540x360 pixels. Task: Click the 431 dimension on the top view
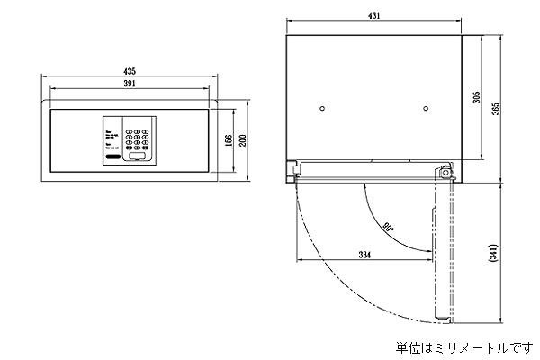click(372, 15)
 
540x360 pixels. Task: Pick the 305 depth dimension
click(477, 98)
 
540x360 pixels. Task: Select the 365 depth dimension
click(496, 110)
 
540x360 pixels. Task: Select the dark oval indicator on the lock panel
click(112, 158)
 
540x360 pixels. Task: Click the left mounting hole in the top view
click(321, 110)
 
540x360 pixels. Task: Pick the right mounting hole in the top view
click(423, 110)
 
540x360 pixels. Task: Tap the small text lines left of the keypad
click(110, 141)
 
